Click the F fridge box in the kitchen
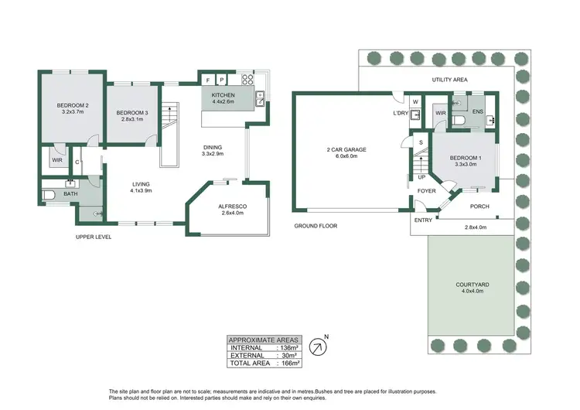208,79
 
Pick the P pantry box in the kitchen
221,79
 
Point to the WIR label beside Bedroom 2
57,160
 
